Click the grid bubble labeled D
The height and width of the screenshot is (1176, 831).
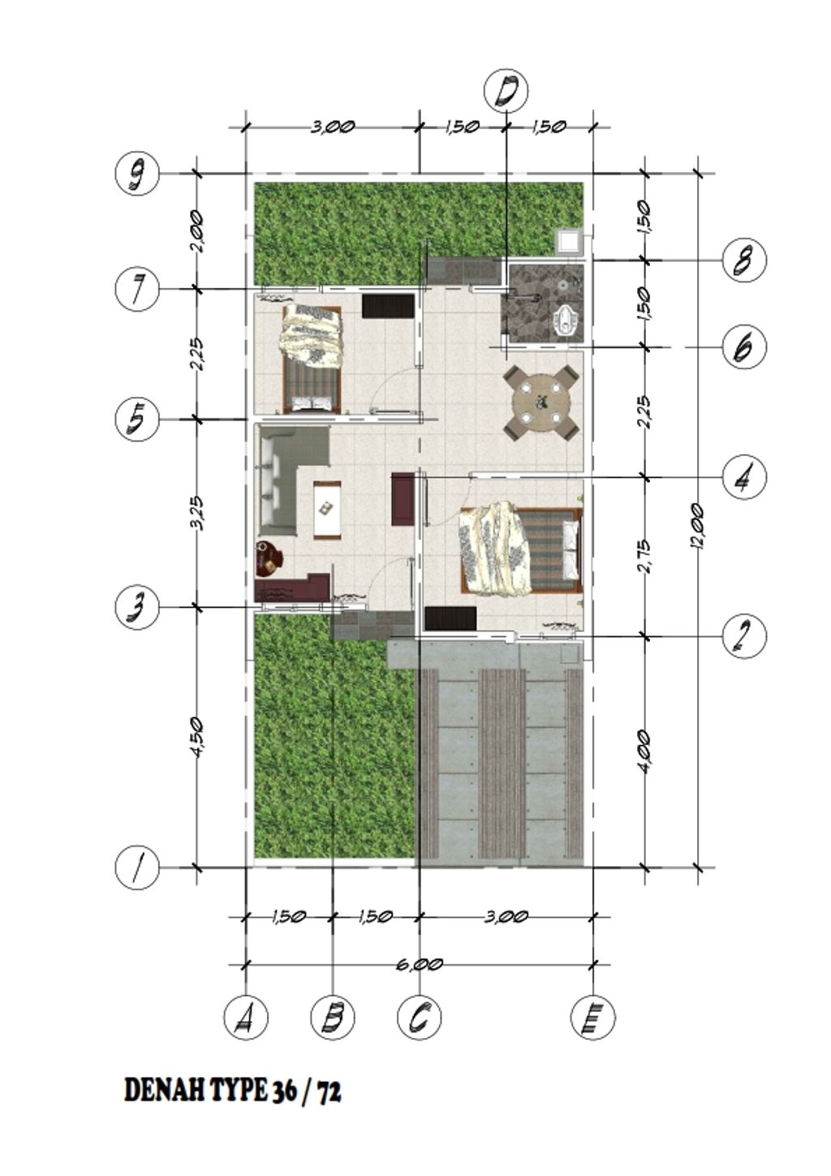click(506, 93)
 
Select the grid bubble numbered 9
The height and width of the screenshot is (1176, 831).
click(136, 174)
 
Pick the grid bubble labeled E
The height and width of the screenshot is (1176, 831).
click(592, 1017)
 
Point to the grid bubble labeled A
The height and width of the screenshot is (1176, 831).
click(246, 1017)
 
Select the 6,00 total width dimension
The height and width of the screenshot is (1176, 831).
click(420, 963)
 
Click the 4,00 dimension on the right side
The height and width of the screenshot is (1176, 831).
click(646, 752)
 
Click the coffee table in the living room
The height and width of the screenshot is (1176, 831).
click(326, 510)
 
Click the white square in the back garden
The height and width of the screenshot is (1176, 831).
click(569, 242)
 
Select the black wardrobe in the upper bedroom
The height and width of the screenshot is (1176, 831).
click(388, 305)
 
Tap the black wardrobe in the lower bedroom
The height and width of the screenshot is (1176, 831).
click(450, 618)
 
